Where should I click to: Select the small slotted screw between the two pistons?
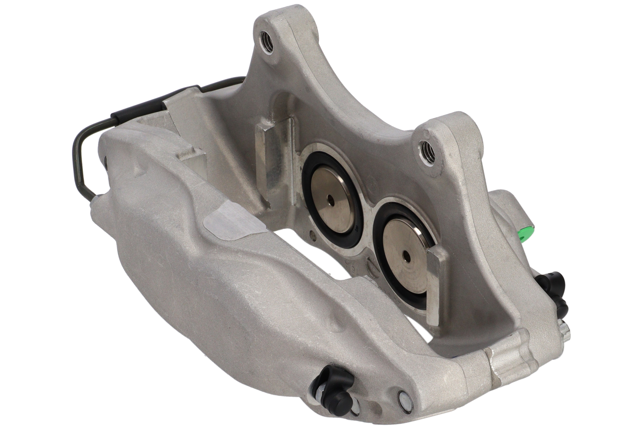tap(372, 267)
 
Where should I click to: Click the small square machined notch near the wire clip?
tap(192, 156)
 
